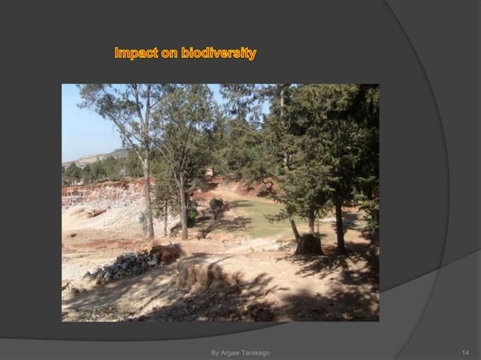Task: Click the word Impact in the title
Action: (x=136, y=54)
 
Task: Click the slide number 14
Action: (x=465, y=352)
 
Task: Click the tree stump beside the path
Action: (x=308, y=244)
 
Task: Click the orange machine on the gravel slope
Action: (x=96, y=213)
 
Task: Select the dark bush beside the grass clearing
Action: (x=217, y=204)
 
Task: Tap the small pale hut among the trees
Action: (x=209, y=172)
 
